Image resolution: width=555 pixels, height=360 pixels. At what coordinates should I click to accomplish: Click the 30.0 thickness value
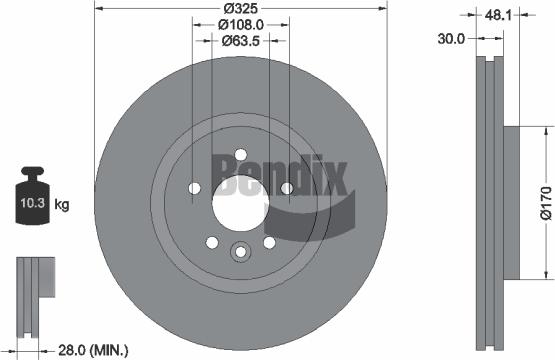pos(451,39)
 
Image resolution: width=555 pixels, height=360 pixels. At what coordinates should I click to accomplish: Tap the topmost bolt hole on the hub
pos(240,154)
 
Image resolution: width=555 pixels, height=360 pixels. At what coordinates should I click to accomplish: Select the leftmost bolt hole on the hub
pos(194,188)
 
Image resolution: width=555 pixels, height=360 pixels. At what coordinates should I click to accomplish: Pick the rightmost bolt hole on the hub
pos(286,188)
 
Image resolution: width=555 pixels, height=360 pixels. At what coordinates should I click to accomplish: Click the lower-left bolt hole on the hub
pos(212,242)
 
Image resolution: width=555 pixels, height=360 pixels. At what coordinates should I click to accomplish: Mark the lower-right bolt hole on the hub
pos(269,242)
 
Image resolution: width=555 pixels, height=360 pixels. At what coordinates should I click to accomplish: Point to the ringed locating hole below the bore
pos(240,252)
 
